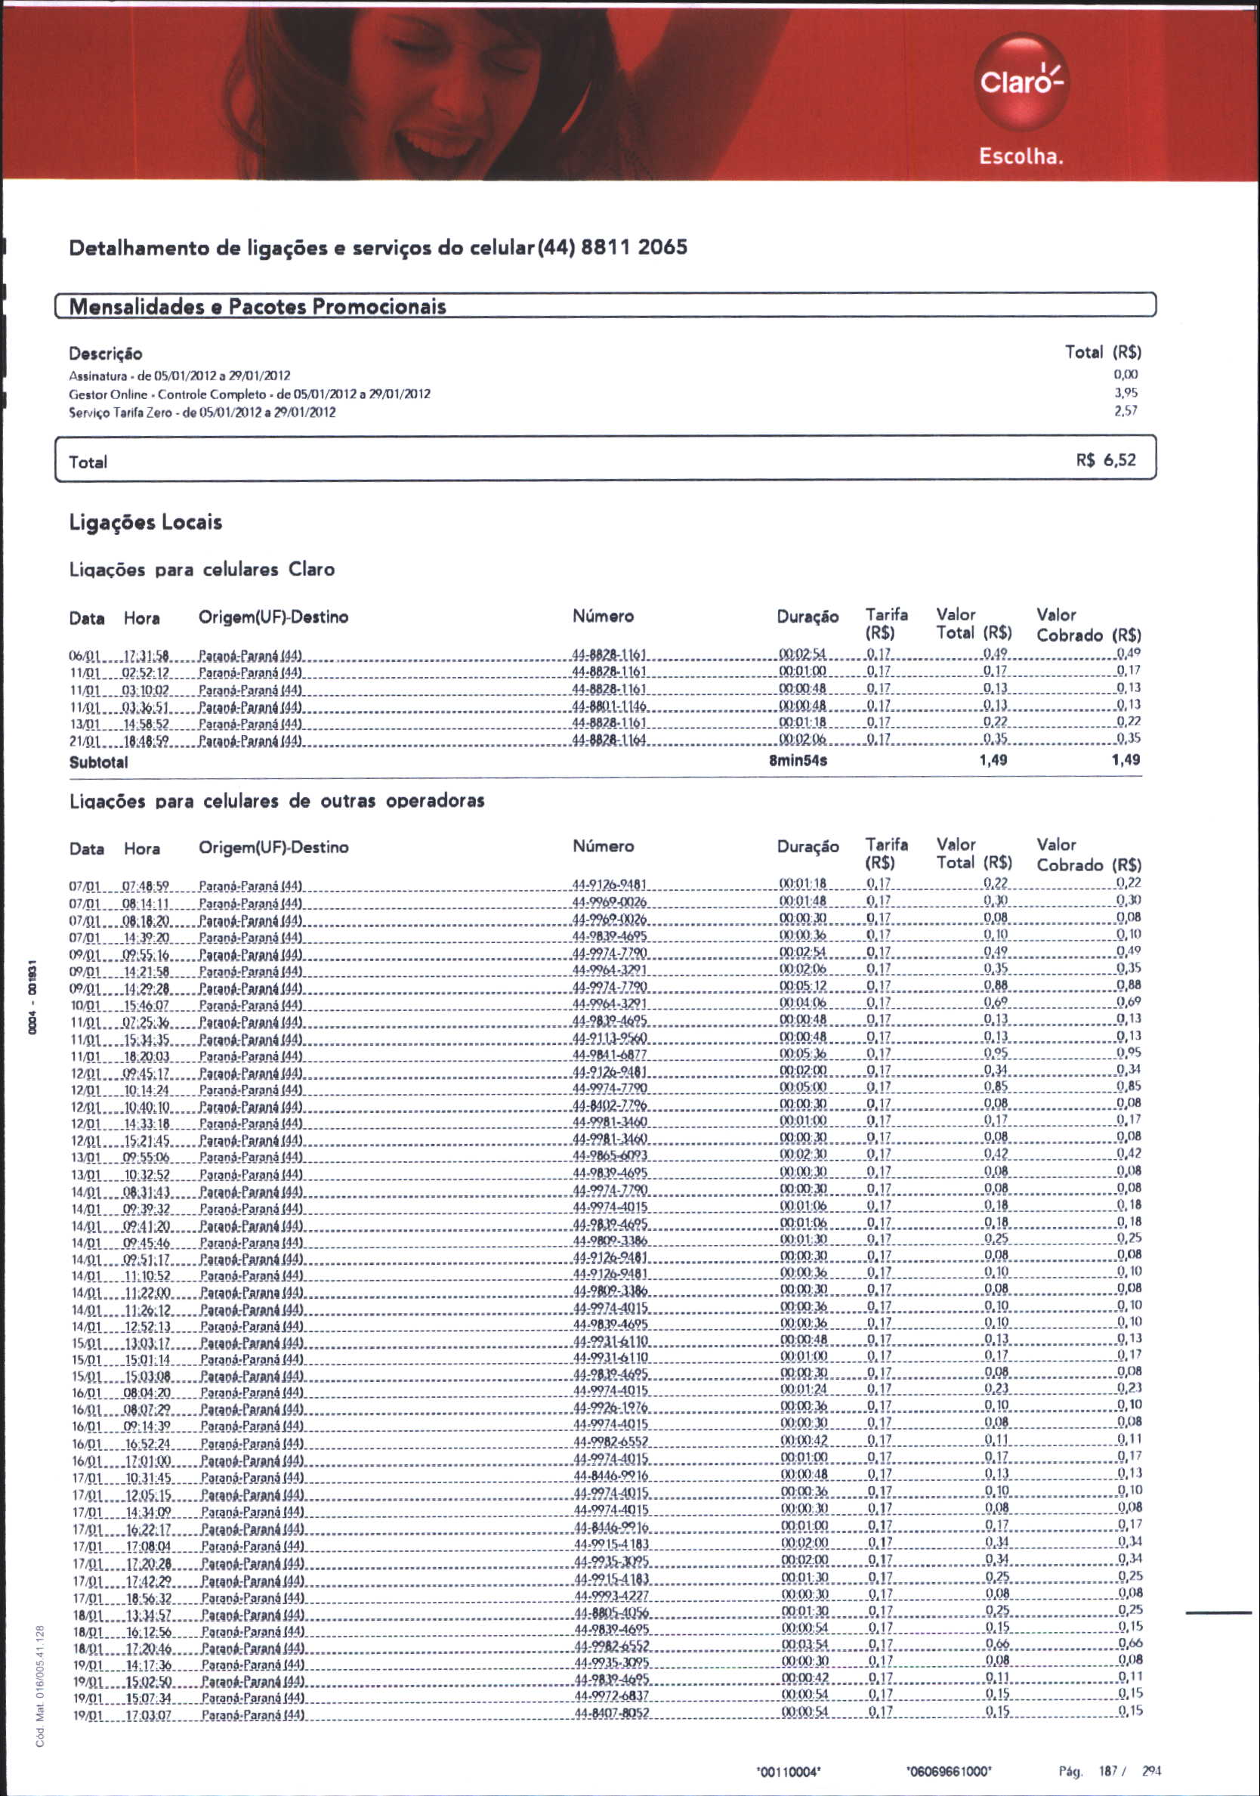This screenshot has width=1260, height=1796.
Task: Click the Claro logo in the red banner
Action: [x=1020, y=81]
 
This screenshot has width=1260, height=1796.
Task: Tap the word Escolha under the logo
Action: [x=1021, y=156]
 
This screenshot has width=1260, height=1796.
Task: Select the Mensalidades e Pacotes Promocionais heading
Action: [x=258, y=306]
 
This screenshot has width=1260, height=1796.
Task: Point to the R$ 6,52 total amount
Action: [x=1105, y=460]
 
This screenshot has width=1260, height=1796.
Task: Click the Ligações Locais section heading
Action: [x=146, y=523]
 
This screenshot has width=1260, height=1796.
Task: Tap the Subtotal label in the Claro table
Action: [x=98, y=762]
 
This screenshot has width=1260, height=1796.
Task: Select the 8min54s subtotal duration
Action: [x=798, y=760]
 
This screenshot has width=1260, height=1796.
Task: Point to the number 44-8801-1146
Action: [x=610, y=706]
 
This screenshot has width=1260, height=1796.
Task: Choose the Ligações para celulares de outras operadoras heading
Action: [x=277, y=801]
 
